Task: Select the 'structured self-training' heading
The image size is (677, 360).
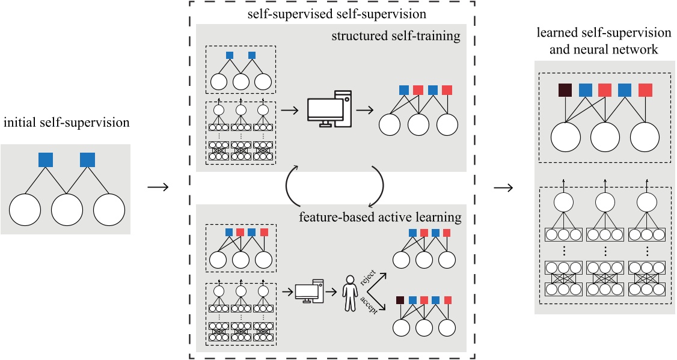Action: [396, 37]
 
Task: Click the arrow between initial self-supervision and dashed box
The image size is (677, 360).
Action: [158, 188]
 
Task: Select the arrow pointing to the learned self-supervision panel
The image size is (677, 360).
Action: [503, 188]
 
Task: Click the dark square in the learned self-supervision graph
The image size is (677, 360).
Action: [565, 90]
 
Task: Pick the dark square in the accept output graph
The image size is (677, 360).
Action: [401, 299]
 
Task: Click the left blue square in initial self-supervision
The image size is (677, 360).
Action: [46, 159]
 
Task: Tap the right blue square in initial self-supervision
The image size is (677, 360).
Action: [88, 159]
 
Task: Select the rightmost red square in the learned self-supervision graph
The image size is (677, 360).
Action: [646, 90]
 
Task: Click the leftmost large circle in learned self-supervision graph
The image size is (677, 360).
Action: [565, 137]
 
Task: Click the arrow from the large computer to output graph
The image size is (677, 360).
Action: [363, 110]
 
